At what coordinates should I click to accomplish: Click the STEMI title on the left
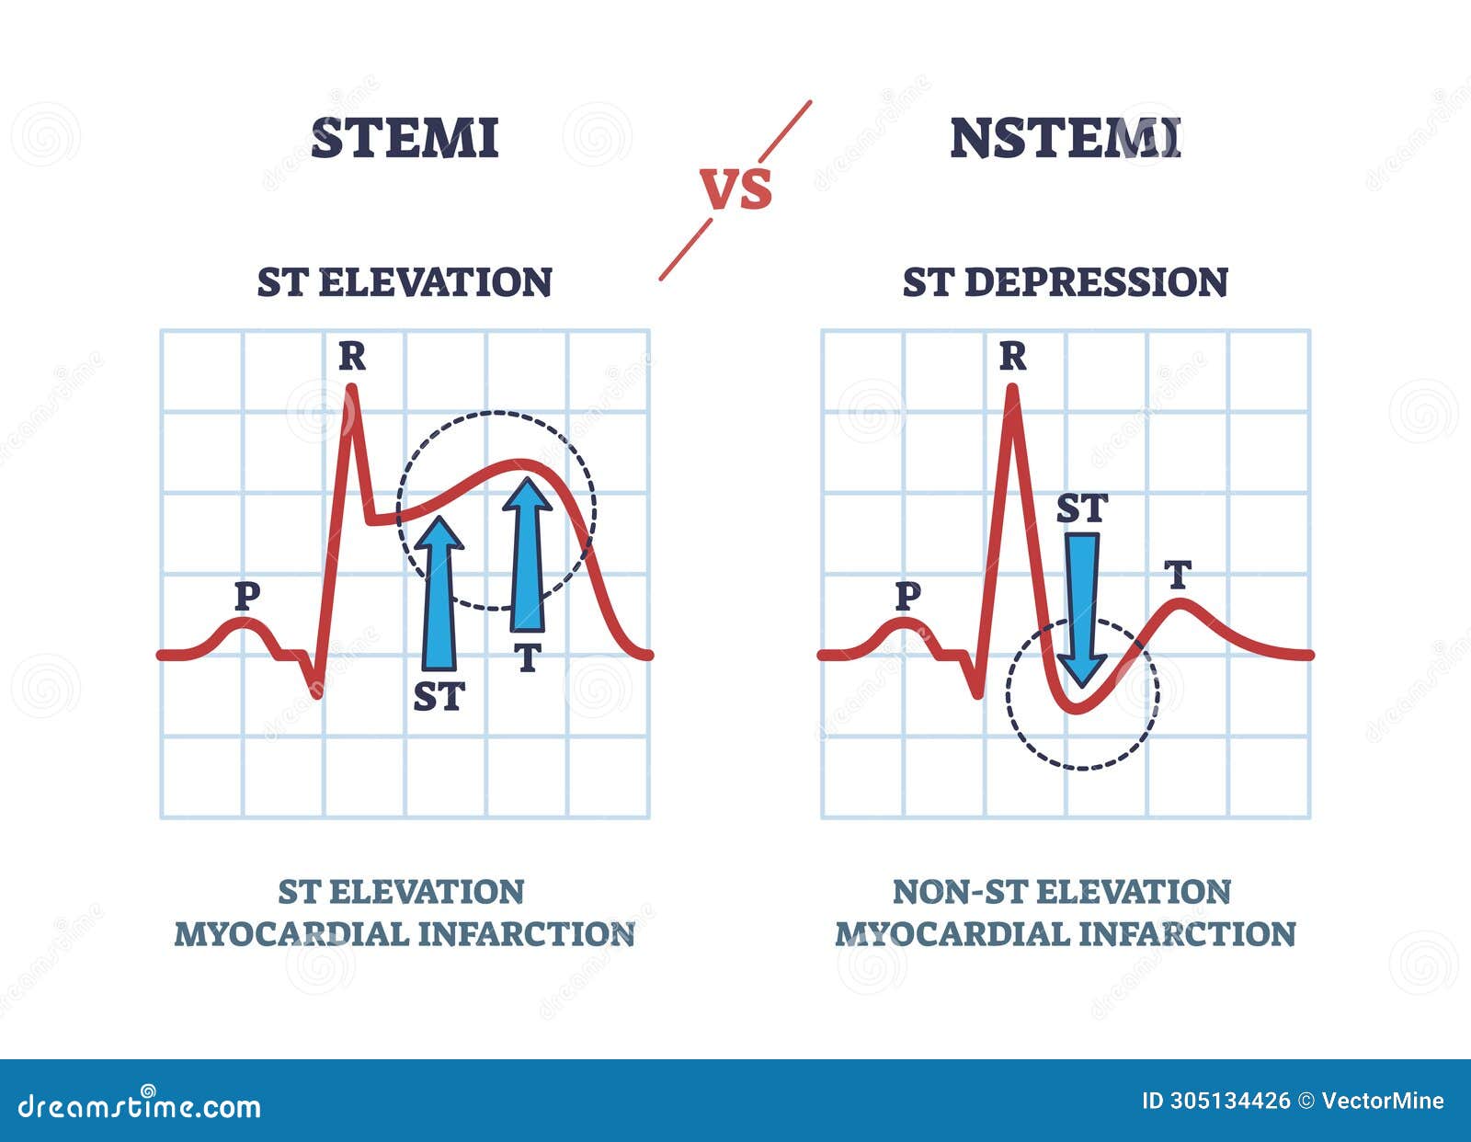coord(405,138)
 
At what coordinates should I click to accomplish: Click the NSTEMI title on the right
coord(1065,138)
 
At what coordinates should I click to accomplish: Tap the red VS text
coord(736,188)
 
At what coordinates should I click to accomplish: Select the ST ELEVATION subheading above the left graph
coord(405,282)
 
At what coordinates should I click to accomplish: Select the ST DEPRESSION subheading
coord(1065,282)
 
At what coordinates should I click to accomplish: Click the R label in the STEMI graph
coord(351,356)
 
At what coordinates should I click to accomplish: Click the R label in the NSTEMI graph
coord(1012,356)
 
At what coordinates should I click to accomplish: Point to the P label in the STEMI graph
coord(246,597)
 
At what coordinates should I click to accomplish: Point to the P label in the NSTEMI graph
coord(907,597)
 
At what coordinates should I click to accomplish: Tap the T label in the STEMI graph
coord(527,657)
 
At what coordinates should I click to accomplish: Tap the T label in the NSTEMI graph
coord(1178,576)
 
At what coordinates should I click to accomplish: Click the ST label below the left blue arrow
coord(439,697)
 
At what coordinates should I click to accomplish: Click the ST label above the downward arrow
coord(1081,508)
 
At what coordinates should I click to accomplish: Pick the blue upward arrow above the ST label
coord(439,593)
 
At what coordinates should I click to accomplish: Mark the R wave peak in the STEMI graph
coord(350,389)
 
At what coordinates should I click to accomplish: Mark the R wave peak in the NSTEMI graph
coord(1012,389)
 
